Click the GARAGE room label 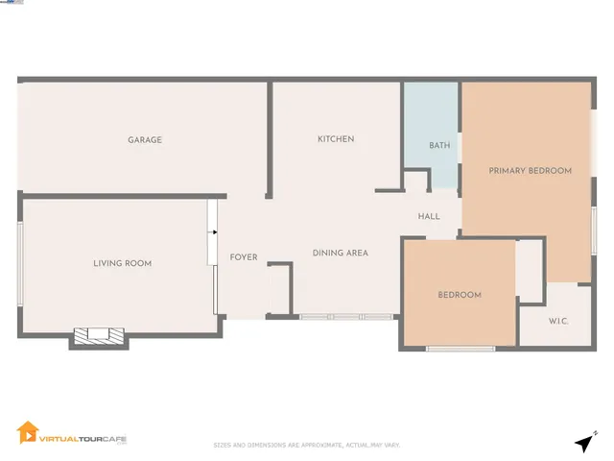point(145,140)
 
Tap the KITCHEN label point(336,139)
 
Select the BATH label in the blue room point(439,146)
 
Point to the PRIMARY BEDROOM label point(530,171)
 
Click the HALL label point(429,217)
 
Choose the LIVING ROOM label point(122,263)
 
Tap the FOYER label point(244,257)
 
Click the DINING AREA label point(341,254)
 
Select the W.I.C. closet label point(558,321)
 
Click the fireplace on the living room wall point(100,336)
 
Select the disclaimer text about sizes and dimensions point(306,445)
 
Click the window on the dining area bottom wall point(345,316)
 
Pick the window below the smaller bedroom point(460,348)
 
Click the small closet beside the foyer point(279,289)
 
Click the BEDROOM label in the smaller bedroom point(460,295)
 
